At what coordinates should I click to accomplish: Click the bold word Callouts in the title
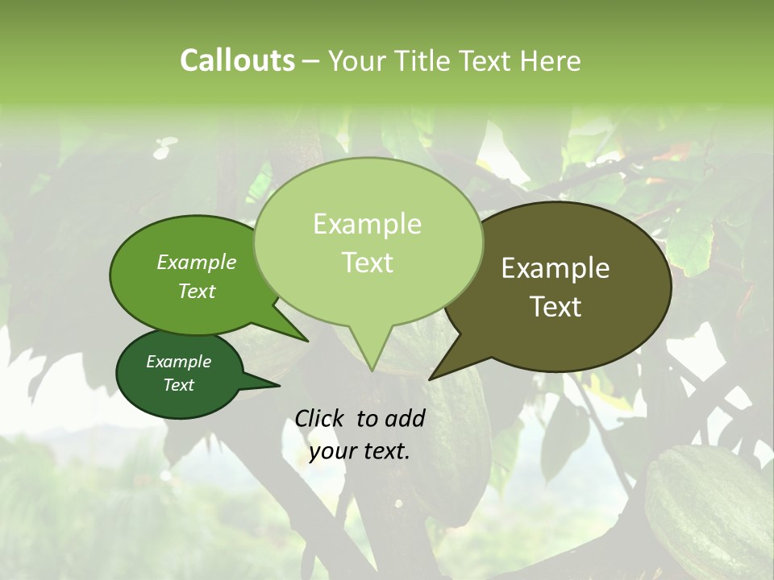click(237, 60)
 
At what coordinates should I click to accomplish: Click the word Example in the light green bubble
click(367, 224)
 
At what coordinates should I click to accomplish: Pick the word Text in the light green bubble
click(367, 263)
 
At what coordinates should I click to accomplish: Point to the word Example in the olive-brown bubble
click(556, 268)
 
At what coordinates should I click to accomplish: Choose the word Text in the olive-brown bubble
click(556, 307)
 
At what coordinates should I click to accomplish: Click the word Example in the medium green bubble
click(197, 262)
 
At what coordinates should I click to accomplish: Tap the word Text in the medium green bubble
click(197, 291)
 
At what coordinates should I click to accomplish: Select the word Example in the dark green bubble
click(178, 362)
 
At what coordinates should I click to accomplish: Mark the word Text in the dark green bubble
click(178, 385)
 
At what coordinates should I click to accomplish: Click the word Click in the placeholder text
click(321, 418)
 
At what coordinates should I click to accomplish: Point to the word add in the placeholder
click(405, 418)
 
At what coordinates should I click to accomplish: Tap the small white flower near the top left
click(165, 146)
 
